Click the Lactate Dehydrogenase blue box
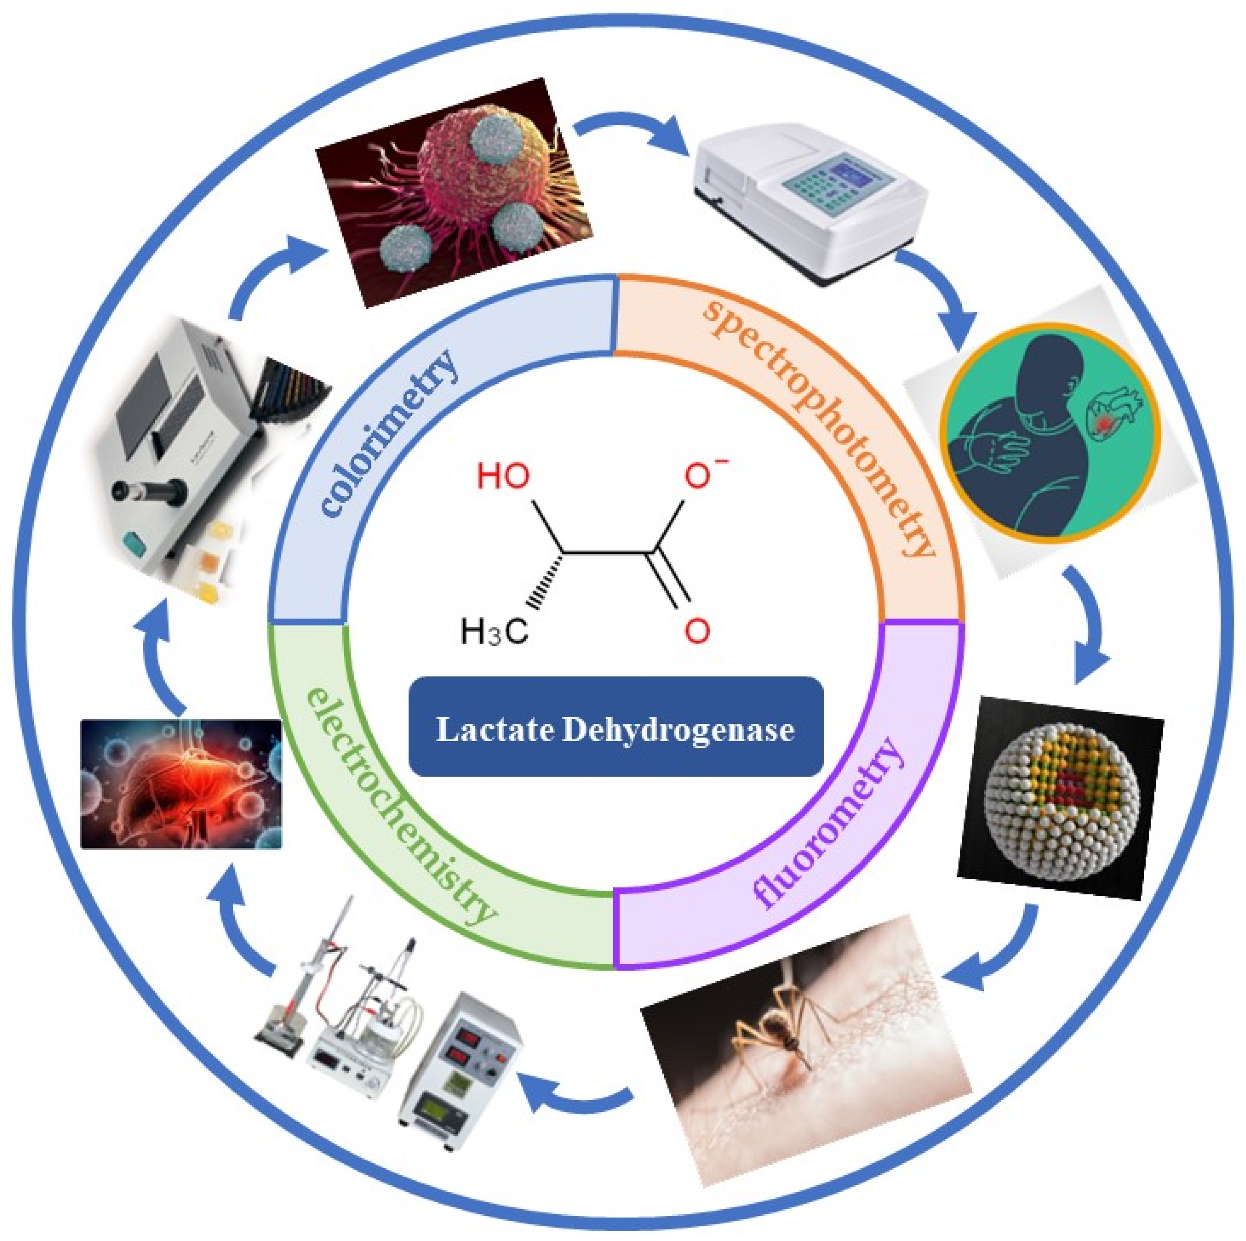click(616, 727)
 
